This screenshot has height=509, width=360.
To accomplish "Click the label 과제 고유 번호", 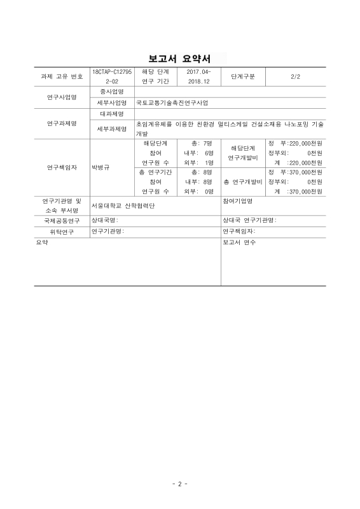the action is coord(62,77).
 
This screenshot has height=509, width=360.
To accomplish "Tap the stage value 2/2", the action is coord(294,77).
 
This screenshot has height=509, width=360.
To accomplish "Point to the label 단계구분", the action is coord(242,77).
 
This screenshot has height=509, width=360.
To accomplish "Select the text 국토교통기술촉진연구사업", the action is coord(172,102).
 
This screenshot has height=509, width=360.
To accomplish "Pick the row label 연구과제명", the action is coord(62,123).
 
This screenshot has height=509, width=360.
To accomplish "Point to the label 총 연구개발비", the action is coord(243,182).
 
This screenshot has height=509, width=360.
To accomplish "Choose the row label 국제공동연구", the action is coord(62,220).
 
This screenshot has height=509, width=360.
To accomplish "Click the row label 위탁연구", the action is coord(62,232).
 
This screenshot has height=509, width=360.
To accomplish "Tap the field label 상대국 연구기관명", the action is coord(249,220).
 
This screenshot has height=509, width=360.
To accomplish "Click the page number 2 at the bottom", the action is coord(179,484).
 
